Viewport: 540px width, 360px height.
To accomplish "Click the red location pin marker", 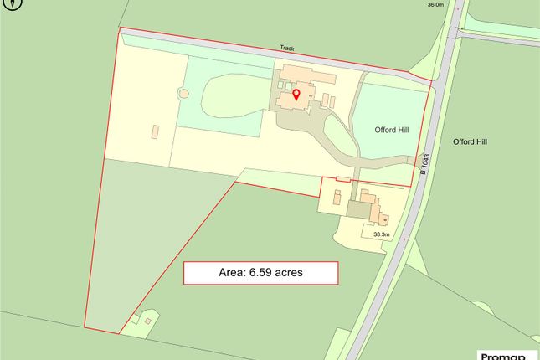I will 296,95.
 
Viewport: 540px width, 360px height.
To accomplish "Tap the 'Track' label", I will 287,49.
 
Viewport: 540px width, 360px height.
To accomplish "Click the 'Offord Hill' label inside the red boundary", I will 391,131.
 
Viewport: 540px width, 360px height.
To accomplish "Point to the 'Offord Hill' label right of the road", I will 470,142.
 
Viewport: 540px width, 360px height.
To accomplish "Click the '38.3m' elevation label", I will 382,234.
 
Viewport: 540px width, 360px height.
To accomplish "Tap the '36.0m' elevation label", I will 435,5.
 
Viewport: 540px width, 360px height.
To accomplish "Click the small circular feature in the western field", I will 182,94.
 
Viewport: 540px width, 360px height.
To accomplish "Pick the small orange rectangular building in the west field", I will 155,132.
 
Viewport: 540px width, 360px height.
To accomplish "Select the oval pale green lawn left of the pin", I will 230,93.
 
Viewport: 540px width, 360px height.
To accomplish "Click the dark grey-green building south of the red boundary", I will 358,210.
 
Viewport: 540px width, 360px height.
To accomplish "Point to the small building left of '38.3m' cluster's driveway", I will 337,198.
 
